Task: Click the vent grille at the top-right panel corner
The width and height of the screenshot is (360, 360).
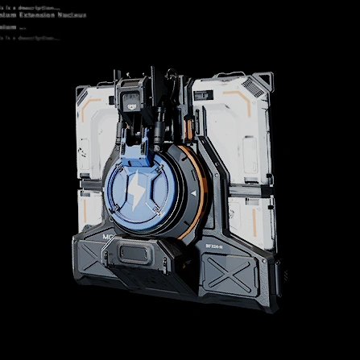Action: pos(259,81)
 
